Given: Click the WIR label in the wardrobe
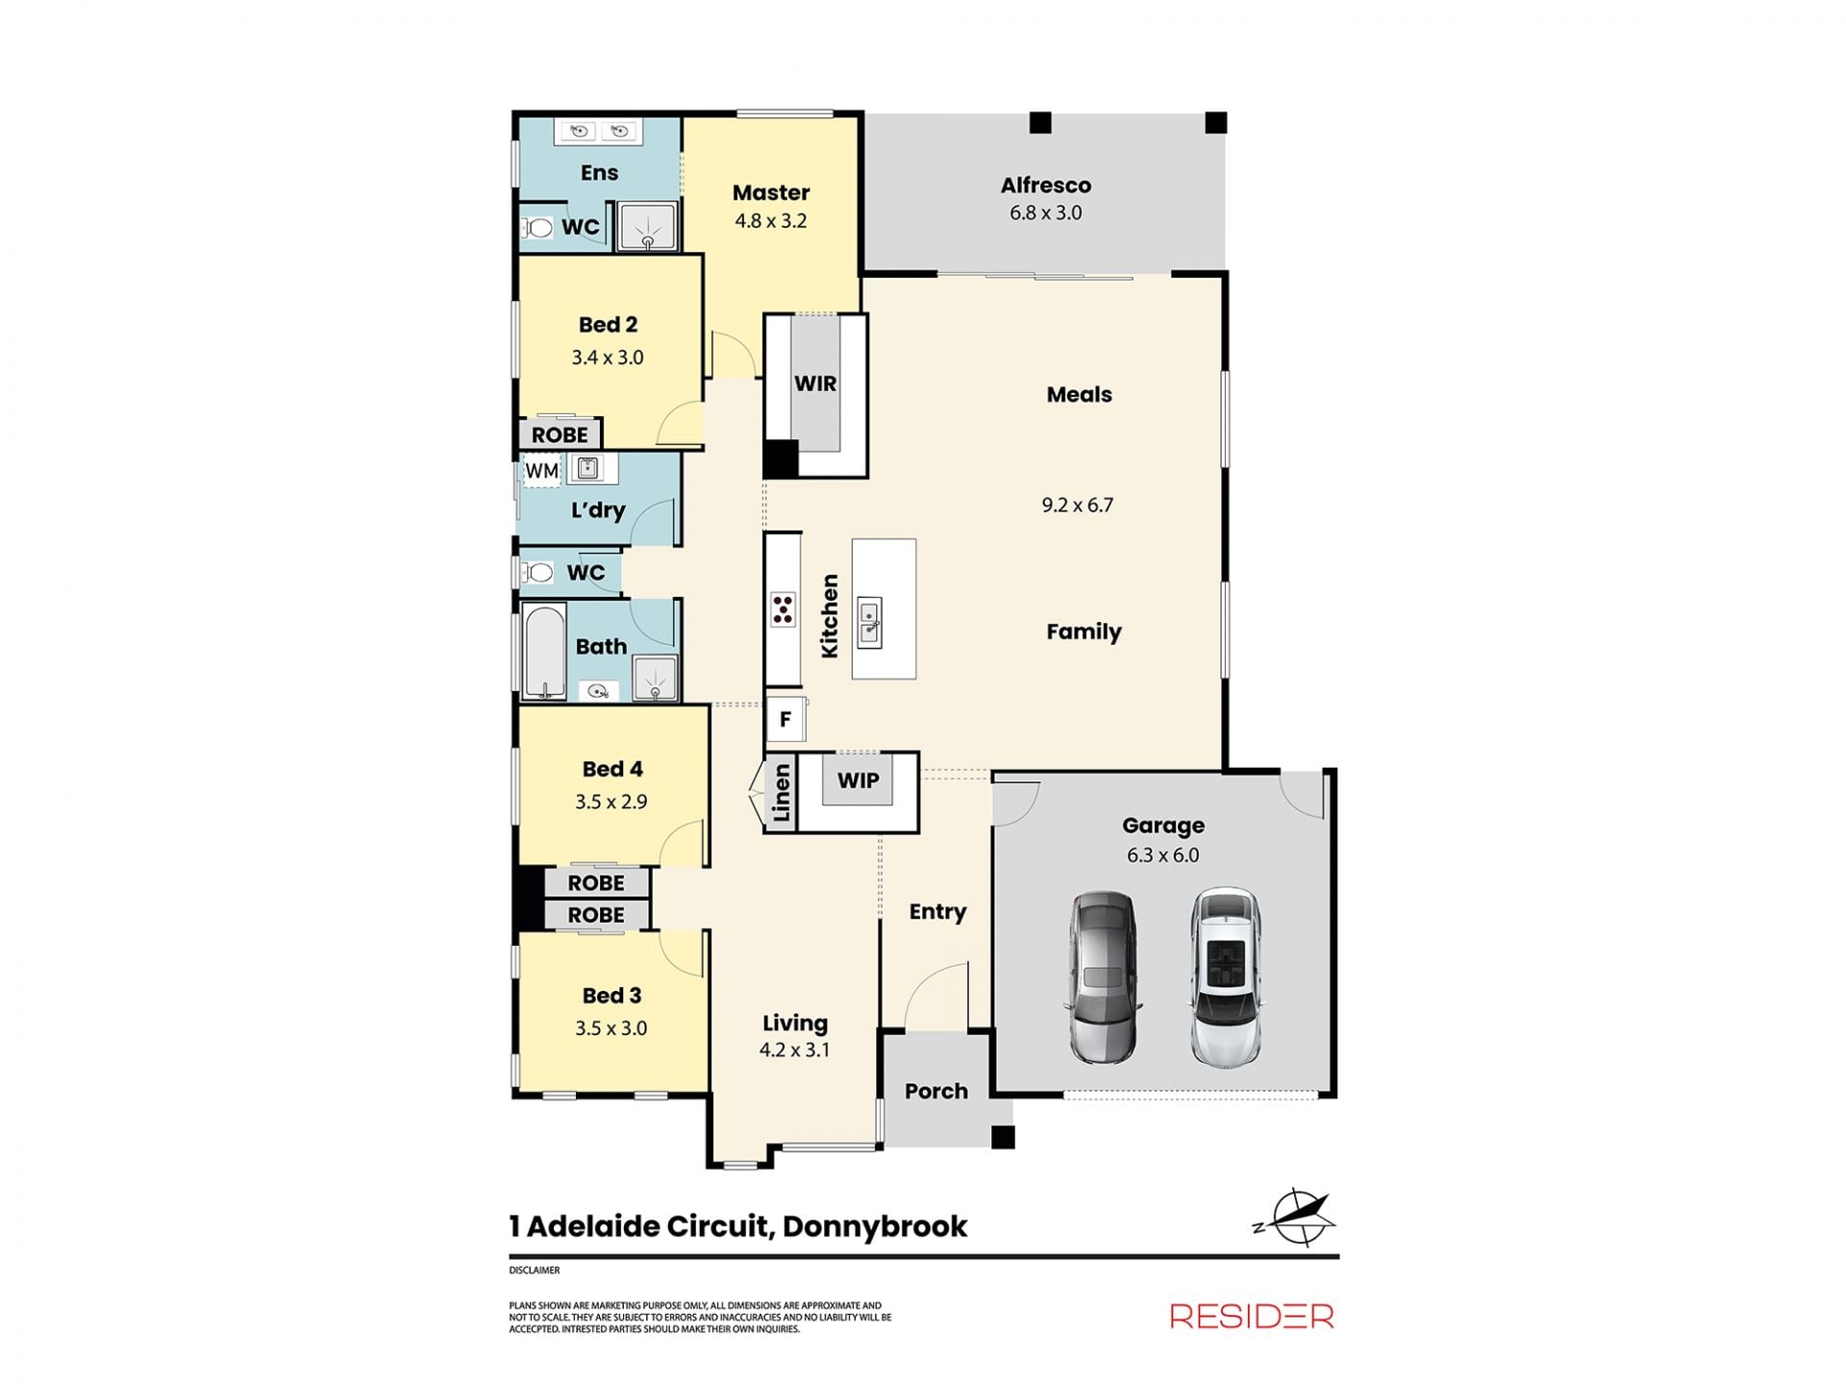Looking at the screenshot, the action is tap(815, 383).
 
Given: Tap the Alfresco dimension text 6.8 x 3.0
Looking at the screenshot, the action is tap(1045, 213).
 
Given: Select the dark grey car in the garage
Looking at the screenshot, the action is tap(1104, 977).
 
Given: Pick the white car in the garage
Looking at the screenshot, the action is tap(1226, 976).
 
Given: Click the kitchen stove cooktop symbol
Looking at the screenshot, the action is tap(783, 610).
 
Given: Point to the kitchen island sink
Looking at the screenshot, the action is tap(870, 622).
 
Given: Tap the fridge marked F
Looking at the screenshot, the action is tap(786, 719).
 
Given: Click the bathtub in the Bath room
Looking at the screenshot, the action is tap(545, 651).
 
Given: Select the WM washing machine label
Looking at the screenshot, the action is tap(541, 471).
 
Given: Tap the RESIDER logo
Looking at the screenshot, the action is tap(1252, 1316).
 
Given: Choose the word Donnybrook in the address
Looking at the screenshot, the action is tap(875, 1227).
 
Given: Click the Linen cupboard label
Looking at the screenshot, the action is tap(782, 793).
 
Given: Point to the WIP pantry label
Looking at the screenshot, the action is tap(858, 780).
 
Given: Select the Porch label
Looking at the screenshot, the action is tap(936, 1091).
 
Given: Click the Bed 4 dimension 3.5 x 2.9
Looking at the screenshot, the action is tap(611, 802).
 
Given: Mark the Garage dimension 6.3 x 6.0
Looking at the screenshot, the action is tap(1163, 855).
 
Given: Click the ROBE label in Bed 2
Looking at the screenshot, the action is tap(560, 434).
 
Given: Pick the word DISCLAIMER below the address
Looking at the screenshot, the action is tap(535, 1271).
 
